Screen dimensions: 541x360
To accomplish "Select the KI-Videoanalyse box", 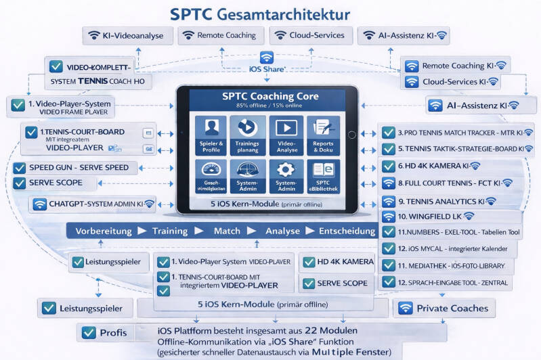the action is point(126,36).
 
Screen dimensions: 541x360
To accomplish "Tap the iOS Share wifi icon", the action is point(267,58).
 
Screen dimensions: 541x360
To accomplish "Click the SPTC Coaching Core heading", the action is point(269,96).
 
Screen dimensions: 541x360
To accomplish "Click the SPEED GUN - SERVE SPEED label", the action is point(79,168).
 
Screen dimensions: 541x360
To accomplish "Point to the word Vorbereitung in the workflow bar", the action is point(104,231).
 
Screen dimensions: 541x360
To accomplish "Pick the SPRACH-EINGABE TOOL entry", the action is point(451,282).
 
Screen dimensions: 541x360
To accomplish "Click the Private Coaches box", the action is point(443,308).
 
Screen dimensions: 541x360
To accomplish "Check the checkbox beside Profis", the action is point(89,333).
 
